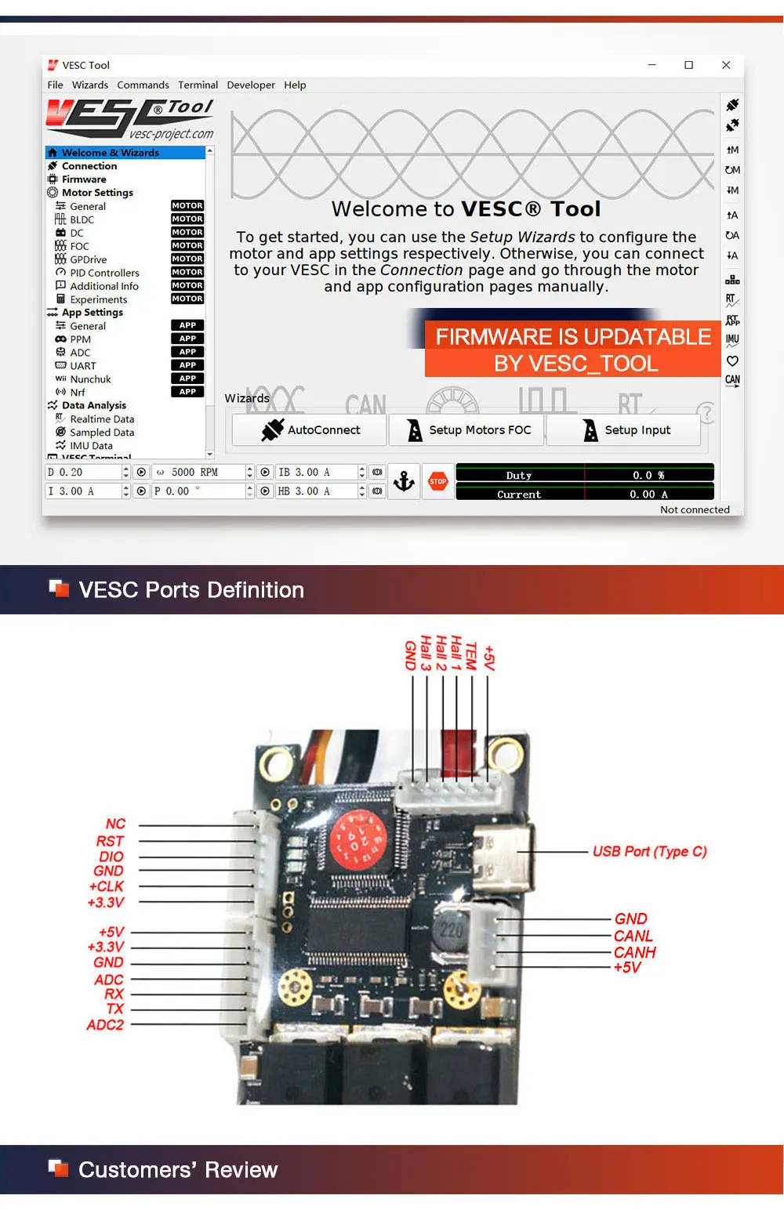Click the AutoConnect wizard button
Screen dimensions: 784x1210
tap(310, 430)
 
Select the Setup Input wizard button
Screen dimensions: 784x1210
tap(624, 430)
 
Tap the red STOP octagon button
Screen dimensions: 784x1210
tap(438, 481)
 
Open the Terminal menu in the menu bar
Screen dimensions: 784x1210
tap(198, 85)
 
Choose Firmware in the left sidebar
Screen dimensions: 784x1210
tap(84, 179)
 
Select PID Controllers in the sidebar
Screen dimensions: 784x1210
tap(104, 273)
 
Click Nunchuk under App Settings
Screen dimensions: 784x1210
tap(90, 379)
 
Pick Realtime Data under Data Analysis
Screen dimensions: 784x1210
tap(102, 419)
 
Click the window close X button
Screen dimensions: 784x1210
tap(726, 65)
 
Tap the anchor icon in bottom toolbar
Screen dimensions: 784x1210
tap(404, 481)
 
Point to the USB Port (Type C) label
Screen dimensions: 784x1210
tap(649, 852)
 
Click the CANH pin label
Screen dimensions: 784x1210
tap(634, 952)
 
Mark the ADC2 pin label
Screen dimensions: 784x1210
tap(105, 1025)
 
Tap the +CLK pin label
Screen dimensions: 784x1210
tap(107, 886)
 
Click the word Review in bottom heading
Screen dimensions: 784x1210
tap(241, 1170)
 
